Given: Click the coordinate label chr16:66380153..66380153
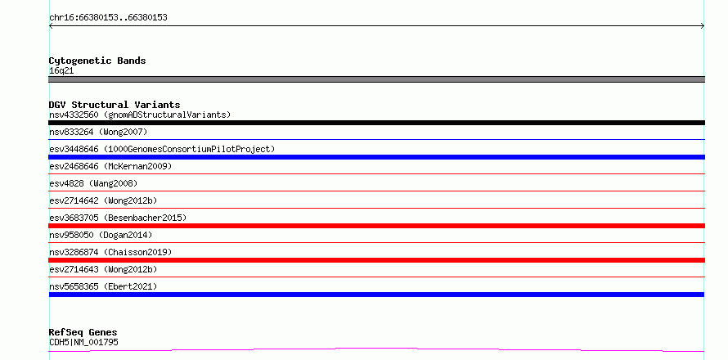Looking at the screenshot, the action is pos(108,18).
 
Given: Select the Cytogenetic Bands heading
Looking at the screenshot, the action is pos(97,61).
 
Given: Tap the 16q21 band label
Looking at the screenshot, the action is pos(61,71).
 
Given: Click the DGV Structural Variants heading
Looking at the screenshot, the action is pos(115,105).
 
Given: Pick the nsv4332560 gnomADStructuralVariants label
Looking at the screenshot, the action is pos(140,115).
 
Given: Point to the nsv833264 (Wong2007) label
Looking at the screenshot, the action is pos(98,132).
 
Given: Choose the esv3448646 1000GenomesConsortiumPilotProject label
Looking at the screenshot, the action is pos(162,149).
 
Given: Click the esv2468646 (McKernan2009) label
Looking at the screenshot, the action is pos(110,166).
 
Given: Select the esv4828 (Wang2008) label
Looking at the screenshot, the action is pos(93,183).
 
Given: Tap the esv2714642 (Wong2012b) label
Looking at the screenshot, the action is pos(103,200).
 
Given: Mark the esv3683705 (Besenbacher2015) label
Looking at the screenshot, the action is pos(118,218).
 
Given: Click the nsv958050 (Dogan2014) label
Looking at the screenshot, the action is pos(101,235).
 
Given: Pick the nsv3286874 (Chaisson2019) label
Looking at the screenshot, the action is pos(110,252).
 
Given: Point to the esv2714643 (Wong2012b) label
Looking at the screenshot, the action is pos(103,269).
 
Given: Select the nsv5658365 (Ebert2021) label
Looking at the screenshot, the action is pos(103,286).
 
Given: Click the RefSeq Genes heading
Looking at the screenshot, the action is pos(83,332).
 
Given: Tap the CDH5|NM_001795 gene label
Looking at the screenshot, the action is pos(83,342).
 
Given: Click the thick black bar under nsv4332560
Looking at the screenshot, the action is pos(376,123).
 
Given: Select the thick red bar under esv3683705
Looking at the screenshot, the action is pos(376,226).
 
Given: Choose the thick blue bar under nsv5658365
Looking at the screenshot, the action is pos(376,295).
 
